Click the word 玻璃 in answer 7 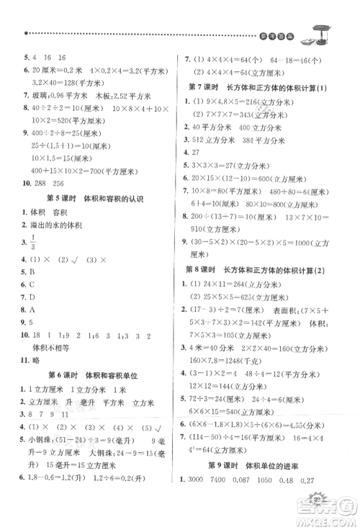point(37,92)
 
